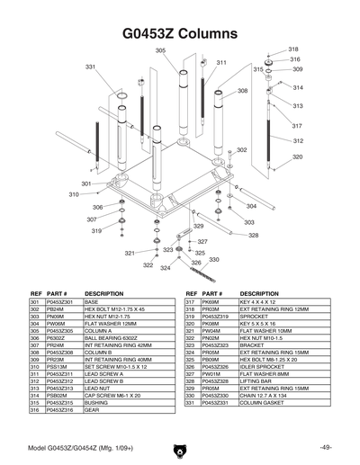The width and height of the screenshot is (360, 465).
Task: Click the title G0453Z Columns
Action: click(x=179, y=33)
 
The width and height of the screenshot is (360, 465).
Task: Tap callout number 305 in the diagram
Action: click(x=160, y=51)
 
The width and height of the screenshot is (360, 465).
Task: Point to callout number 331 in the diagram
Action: click(x=90, y=67)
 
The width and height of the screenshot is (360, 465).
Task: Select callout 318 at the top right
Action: click(x=293, y=49)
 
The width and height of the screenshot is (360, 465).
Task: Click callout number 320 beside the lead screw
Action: click(x=297, y=157)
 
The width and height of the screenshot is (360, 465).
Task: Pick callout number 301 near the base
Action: click(x=85, y=183)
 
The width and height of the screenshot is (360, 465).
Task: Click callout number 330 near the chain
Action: click(x=214, y=260)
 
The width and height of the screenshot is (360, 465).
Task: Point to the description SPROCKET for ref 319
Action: click(x=256, y=317)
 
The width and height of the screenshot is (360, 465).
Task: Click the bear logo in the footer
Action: click(x=179, y=450)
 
